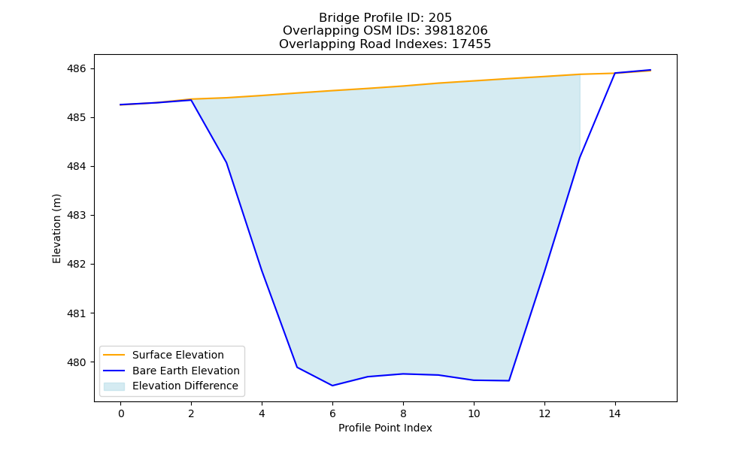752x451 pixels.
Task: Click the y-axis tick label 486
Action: pyautogui.click(x=76, y=68)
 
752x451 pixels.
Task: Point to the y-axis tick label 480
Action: pyautogui.click(x=76, y=362)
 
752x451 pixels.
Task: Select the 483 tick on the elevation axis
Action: pyautogui.click(x=76, y=216)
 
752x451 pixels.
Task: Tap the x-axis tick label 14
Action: pyautogui.click(x=615, y=413)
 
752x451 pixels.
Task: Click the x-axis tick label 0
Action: pyautogui.click(x=121, y=413)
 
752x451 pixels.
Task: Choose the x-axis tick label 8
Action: pyautogui.click(x=403, y=413)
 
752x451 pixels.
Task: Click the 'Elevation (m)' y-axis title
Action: pyautogui.click(x=56, y=229)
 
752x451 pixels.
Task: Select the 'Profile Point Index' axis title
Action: pyautogui.click(x=385, y=428)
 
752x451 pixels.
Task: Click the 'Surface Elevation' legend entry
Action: pyautogui.click(x=178, y=355)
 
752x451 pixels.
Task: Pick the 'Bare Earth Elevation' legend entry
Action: pyautogui.click(x=186, y=371)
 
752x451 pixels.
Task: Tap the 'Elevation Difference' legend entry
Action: pyautogui.click(x=185, y=386)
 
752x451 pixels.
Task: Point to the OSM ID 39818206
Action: pyautogui.click(x=456, y=31)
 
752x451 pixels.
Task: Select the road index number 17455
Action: pyautogui.click(x=472, y=44)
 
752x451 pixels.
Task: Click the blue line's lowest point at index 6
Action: pyautogui.click(x=332, y=386)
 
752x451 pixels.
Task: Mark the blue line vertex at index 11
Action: pyautogui.click(x=509, y=380)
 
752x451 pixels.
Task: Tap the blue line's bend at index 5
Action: pyautogui.click(x=297, y=367)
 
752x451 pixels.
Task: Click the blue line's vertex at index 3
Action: pyautogui.click(x=226, y=162)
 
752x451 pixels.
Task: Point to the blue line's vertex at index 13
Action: pyautogui.click(x=580, y=157)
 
